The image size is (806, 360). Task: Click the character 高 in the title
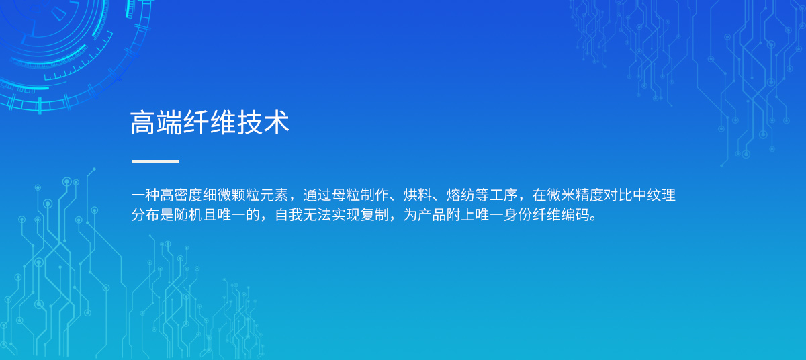point(143,123)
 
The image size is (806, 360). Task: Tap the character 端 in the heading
point(169,123)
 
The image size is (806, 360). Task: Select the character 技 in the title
point(250,123)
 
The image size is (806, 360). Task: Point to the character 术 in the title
point(276,123)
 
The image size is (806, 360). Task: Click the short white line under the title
point(155,161)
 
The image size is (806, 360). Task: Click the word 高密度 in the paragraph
point(181,195)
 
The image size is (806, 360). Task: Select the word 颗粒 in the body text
point(246,195)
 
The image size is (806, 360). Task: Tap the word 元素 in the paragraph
point(274,195)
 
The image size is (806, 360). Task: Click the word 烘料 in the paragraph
point(418,195)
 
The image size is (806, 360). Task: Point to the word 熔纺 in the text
point(461,195)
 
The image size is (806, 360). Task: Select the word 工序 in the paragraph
point(504,195)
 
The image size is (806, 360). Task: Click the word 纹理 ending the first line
point(662,195)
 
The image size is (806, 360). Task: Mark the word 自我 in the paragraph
point(289,215)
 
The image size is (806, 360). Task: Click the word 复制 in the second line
point(375,215)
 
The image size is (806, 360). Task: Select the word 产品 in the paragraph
point(432,215)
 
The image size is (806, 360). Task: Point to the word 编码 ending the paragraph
point(576,215)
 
